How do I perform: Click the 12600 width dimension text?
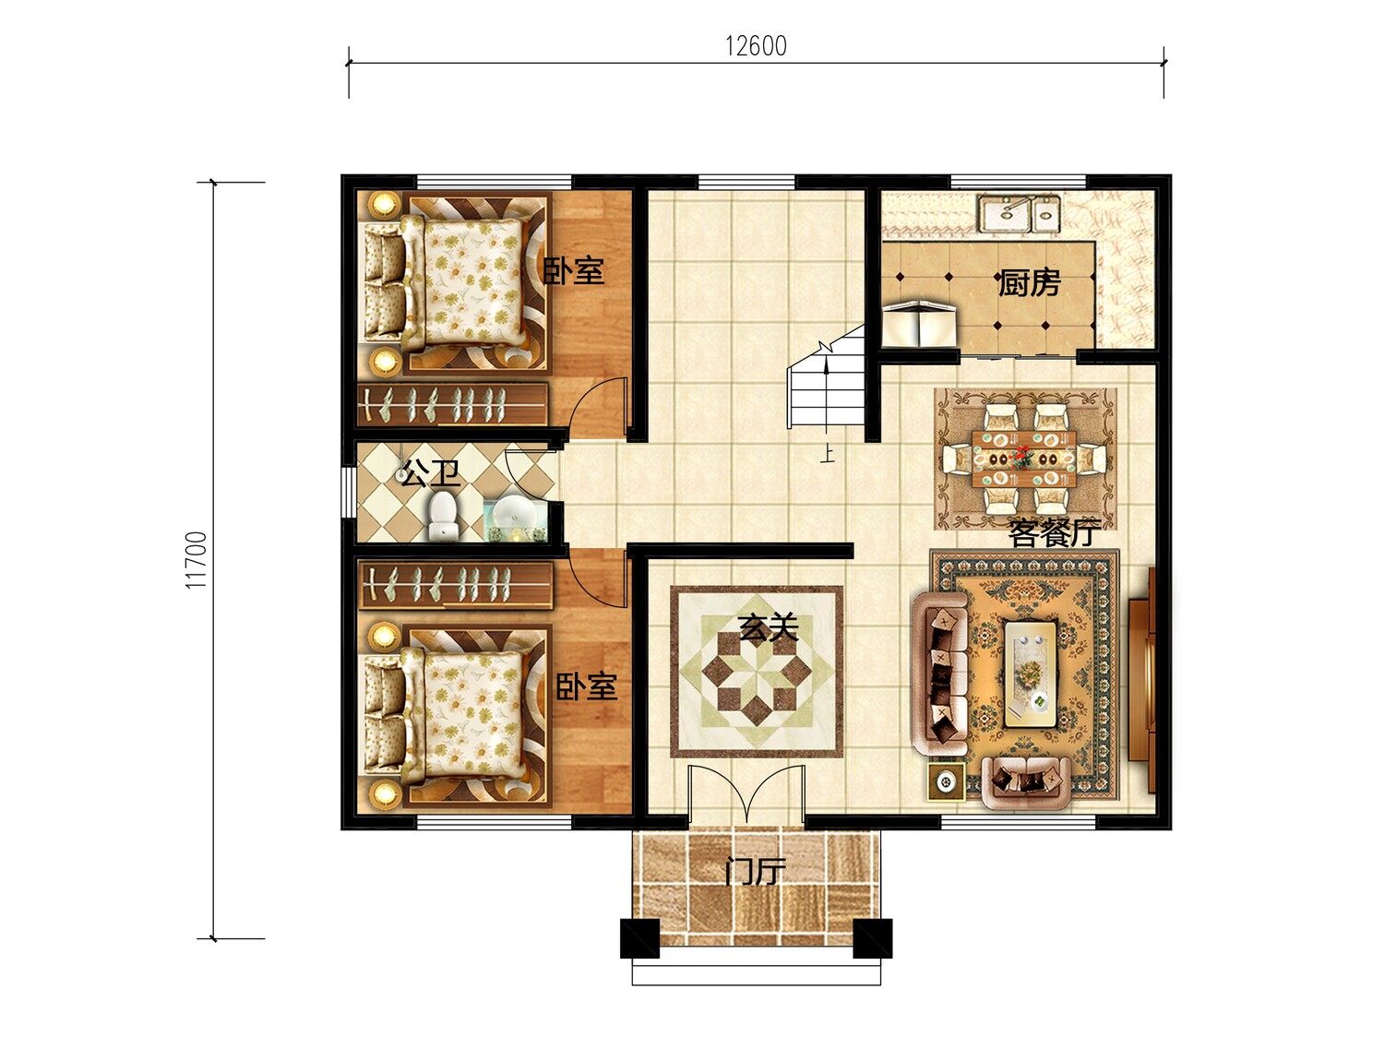click(756, 46)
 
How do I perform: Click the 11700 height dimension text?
click(197, 560)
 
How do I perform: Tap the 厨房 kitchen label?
click(1029, 283)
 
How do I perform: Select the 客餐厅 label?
click(1055, 534)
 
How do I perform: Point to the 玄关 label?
click(768, 627)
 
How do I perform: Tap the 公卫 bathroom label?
click(431, 472)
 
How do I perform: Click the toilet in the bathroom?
click(443, 516)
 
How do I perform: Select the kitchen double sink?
click(1019, 213)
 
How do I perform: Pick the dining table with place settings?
click(1024, 458)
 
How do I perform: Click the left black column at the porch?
click(640, 938)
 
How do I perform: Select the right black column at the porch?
click(873, 938)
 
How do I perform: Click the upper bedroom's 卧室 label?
click(573, 271)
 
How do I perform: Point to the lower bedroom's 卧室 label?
click(586, 686)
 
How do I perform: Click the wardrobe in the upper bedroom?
click(452, 403)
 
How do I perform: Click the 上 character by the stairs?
click(828, 455)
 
